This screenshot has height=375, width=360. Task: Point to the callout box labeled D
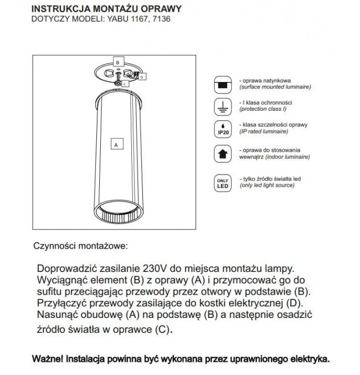[142, 77]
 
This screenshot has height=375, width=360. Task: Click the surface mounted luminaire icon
[222, 85]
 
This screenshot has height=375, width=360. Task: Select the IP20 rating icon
[222, 129]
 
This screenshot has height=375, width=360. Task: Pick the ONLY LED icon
[222, 183]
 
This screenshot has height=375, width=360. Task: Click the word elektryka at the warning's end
[308, 358]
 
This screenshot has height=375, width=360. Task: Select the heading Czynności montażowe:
[81, 244]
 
